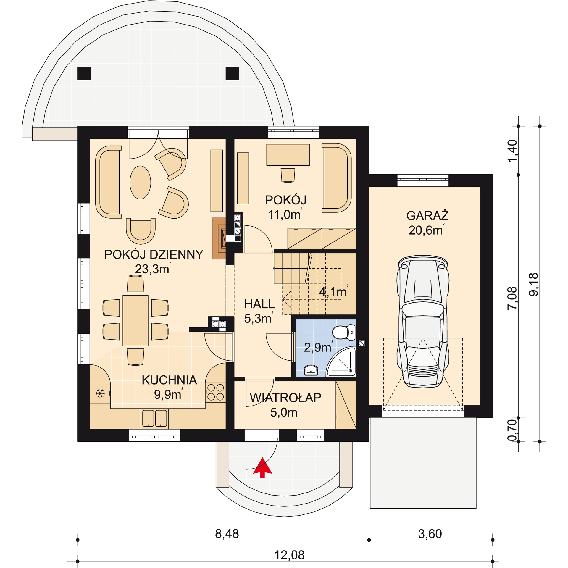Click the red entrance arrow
tap(262, 467)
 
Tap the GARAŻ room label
tap(427, 216)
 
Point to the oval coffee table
tap(140, 182)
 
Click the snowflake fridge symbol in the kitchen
tap(100, 393)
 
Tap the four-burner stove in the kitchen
tap(215, 392)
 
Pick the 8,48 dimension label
tap(227, 533)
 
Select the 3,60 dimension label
tap(430, 534)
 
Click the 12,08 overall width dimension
tap(289, 555)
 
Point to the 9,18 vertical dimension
tap(533, 284)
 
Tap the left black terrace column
tap(84, 73)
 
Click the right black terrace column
tap(232, 73)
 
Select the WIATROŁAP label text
tap(285, 398)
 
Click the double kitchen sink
tap(154, 418)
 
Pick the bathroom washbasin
tap(311, 370)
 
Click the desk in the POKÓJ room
tap(288, 155)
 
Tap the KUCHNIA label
tap(169, 380)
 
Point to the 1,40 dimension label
tap(512, 151)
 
